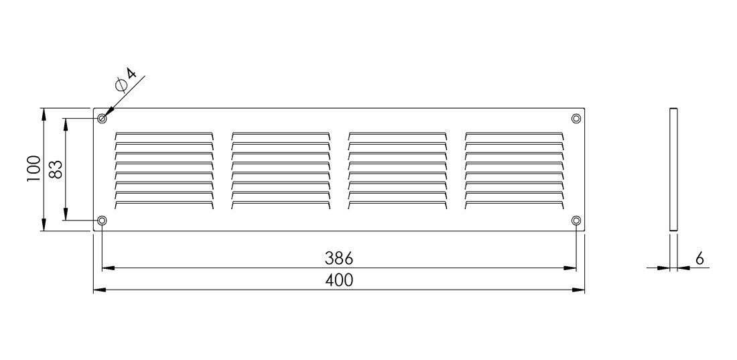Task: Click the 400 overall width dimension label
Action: click(x=338, y=280)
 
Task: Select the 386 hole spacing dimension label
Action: click(x=338, y=258)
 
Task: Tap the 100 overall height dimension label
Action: click(x=33, y=169)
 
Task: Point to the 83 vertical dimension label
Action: click(x=56, y=170)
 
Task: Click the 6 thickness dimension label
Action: click(x=699, y=258)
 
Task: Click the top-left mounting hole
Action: click(x=102, y=117)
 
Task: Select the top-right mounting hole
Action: click(x=576, y=117)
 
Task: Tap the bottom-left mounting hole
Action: click(x=102, y=220)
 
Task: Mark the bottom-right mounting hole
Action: click(x=576, y=220)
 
